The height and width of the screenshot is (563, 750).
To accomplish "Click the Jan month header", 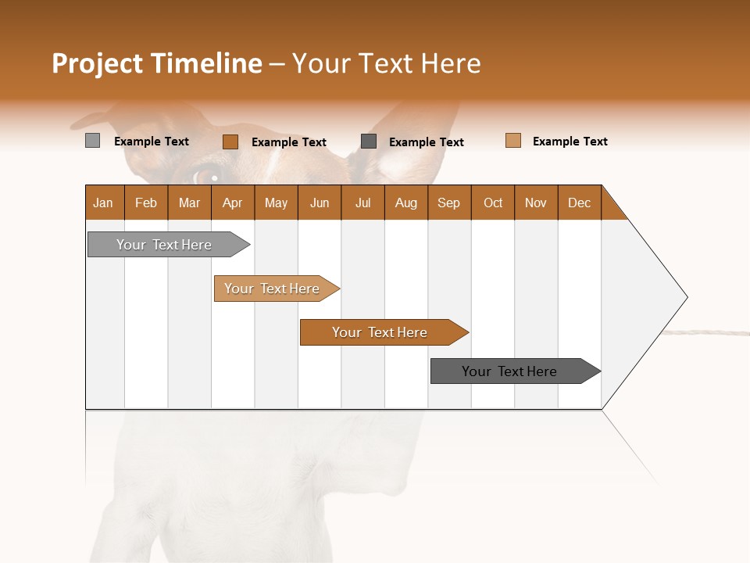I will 103,203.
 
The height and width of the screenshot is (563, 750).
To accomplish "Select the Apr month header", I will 232,203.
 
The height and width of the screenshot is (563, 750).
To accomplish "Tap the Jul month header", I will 362,203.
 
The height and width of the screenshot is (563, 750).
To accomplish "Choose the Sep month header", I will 448,203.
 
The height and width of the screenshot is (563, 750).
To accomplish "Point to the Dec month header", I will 579,203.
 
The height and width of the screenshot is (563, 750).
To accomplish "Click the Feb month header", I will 146,203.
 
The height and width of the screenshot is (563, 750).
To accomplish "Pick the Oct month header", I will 493,203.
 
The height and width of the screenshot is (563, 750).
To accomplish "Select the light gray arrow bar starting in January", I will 165,245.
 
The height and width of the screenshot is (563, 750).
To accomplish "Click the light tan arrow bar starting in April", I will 273,289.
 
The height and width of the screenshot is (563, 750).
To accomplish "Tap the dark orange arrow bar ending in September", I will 380,332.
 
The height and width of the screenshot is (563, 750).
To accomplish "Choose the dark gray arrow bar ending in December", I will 510,371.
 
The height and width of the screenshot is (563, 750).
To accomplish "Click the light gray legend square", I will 92,141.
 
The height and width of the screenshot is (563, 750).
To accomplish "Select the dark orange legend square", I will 230,142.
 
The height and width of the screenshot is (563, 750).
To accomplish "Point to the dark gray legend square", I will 369,141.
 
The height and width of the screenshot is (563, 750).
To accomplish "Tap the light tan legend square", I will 512,141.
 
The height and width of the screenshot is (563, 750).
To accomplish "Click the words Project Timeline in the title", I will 156,63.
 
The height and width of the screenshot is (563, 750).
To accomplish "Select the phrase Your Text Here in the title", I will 386,63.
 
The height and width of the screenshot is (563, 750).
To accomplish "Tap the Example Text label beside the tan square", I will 570,142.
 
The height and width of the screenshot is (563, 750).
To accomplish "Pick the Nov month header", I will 536,203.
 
